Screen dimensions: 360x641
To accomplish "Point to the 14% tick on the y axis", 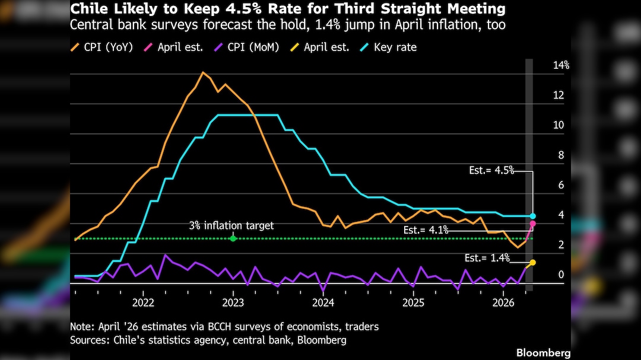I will coord(561,65).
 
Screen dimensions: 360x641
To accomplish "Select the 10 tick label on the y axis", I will coord(559,125).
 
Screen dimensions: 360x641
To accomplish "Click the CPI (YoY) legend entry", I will coord(103,47).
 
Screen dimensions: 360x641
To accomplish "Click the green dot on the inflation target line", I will coord(233,238).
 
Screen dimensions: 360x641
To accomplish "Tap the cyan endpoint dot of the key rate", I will coord(533,216).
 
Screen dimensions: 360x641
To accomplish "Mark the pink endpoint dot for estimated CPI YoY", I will coord(533,224).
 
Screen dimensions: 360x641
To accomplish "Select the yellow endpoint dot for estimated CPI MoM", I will coord(533,262).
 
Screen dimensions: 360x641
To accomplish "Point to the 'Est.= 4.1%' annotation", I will coord(426,230).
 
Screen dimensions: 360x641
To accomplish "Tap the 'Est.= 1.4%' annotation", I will coord(487,258).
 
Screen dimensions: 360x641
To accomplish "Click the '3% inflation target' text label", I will coord(231,226).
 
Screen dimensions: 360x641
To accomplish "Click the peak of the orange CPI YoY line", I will coord(203,72).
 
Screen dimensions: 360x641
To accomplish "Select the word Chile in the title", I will coord(87,9).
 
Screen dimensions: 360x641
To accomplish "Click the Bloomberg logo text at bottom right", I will coord(543,353).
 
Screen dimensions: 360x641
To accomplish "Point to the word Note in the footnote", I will coord(81,327).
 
